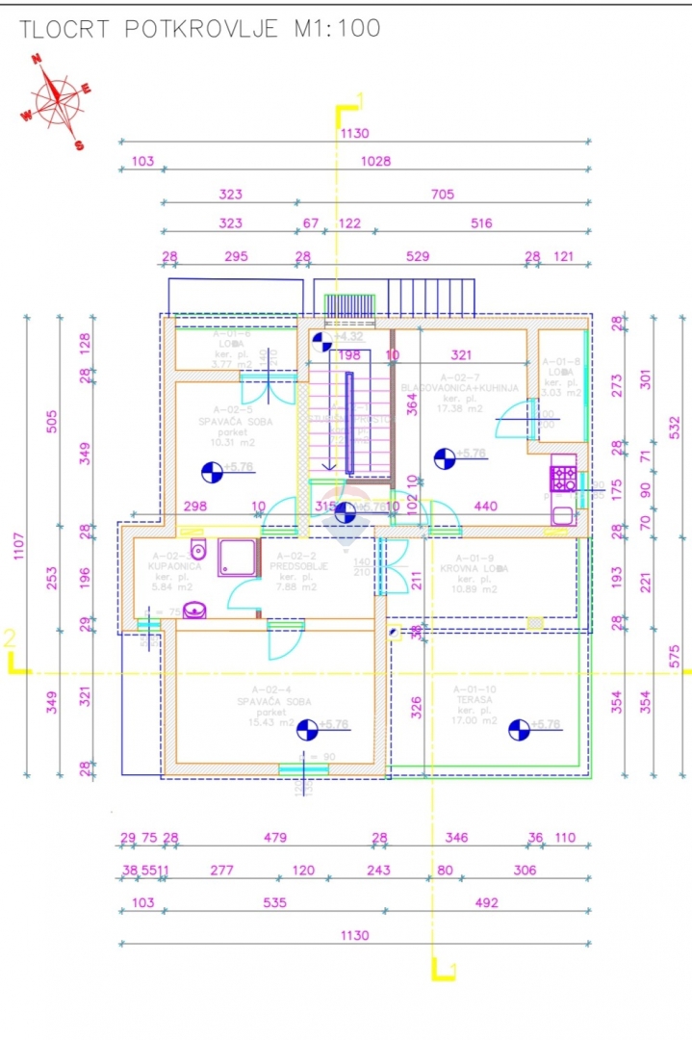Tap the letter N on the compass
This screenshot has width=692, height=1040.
coord(37,59)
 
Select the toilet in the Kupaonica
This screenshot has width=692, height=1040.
coord(198,550)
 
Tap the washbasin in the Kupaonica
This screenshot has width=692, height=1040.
coord(196,611)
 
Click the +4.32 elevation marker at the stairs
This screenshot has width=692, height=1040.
coord(348,336)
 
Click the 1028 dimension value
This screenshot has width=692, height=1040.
coord(374,161)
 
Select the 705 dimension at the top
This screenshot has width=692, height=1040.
coord(442,195)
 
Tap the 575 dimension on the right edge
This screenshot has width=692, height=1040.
coord(675,655)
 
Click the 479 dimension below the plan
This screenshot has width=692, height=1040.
coord(274,838)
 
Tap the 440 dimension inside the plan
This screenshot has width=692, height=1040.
coord(485,506)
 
